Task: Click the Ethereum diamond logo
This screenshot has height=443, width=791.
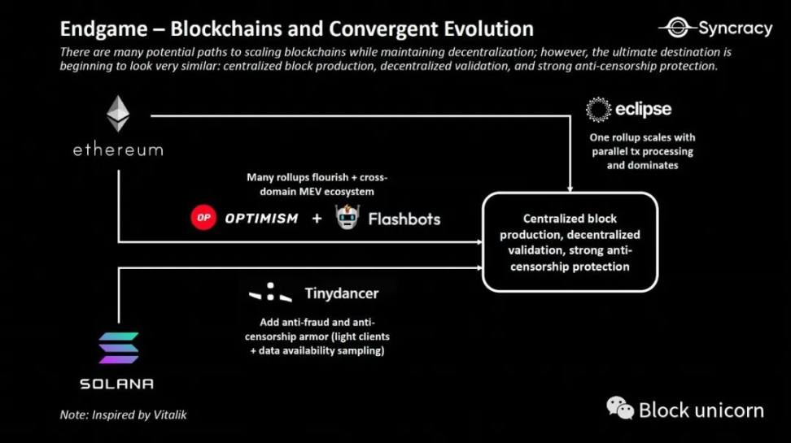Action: point(117,114)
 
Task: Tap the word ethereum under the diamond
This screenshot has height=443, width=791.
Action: point(118,150)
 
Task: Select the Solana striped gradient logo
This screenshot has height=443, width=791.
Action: point(119,348)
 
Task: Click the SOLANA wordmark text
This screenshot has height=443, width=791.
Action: point(116,384)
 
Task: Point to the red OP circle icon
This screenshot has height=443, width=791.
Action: point(203,218)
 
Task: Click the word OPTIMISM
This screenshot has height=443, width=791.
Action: point(261,218)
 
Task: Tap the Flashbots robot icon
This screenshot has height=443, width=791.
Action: point(347,217)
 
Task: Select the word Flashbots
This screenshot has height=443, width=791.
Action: point(404,219)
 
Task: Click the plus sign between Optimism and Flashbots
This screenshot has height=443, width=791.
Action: point(317,218)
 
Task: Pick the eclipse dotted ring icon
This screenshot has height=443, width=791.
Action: point(598,110)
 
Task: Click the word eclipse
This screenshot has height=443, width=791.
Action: point(643,109)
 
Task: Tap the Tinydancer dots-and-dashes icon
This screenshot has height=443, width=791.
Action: point(270,293)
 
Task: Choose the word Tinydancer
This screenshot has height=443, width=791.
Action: point(342,293)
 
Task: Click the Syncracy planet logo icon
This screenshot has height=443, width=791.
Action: point(677,28)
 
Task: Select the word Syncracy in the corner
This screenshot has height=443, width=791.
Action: point(736,28)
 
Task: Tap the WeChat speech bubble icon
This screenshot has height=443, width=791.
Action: point(620,408)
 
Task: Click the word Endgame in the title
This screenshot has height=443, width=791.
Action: point(103,29)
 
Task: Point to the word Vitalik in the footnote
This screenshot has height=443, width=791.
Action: point(170,415)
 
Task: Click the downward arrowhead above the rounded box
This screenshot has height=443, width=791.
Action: point(570,189)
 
